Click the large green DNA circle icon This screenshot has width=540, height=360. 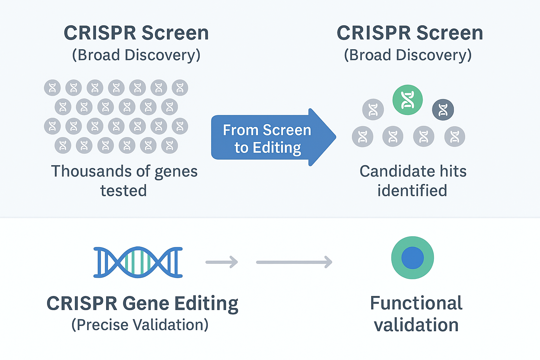point(407,100)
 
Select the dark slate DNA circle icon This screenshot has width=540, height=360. point(443,110)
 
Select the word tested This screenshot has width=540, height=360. point(123,191)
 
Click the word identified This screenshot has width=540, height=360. point(412,191)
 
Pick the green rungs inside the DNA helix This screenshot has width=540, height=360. point(138,262)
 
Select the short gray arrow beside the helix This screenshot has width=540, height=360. point(222,262)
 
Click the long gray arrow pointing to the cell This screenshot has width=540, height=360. point(294,262)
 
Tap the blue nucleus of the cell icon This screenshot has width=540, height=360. point(412,258)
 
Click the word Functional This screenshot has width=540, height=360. point(416,303)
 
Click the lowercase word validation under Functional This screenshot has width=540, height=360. point(416,325)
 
